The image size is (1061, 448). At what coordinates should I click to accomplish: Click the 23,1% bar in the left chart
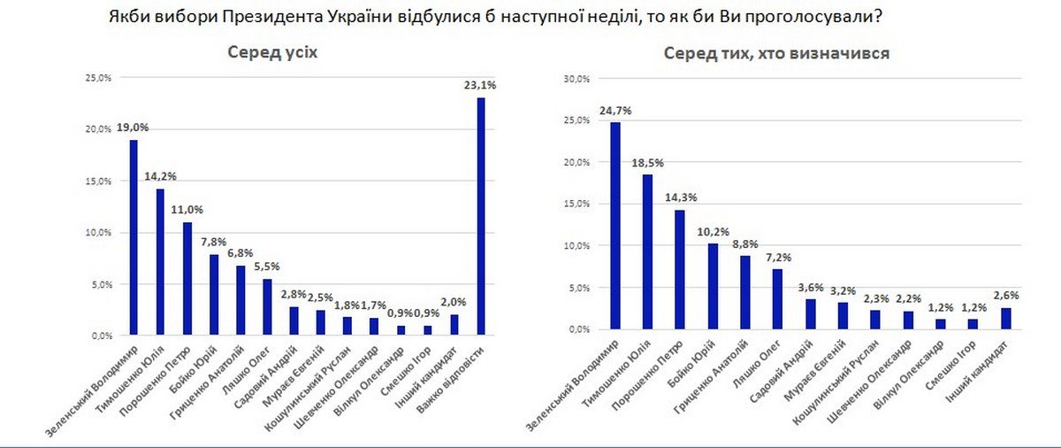coord(481,217)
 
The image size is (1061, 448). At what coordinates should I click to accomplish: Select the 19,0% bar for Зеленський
coord(134,238)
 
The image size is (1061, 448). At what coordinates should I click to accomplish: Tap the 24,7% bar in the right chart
coord(615,226)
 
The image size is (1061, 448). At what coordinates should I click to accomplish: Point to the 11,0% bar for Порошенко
coord(187,279)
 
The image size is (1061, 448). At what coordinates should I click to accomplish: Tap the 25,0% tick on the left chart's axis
coord(98,78)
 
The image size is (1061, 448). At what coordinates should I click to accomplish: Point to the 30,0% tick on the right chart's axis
coord(576,79)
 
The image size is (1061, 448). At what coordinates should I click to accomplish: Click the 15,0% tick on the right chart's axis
coord(576,204)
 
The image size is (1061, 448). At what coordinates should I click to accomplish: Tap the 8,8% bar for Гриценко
coord(745,292)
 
